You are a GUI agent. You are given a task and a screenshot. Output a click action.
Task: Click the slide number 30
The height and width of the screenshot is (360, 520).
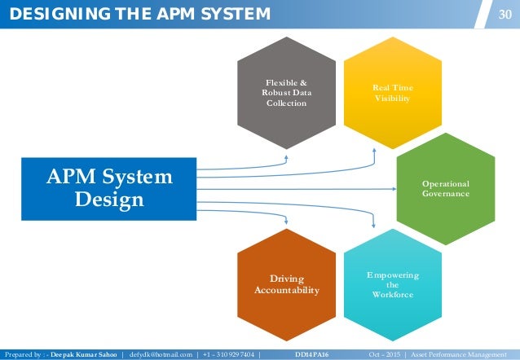[505, 12]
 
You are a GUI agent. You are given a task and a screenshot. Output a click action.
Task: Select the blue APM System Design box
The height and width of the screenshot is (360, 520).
[110, 187]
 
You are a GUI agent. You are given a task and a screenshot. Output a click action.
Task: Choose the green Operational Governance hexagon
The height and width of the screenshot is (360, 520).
[445, 189]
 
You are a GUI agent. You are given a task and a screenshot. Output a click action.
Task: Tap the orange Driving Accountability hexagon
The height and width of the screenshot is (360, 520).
[287, 285]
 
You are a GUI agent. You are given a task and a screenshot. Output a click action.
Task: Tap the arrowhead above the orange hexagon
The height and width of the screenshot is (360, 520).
[287, 219]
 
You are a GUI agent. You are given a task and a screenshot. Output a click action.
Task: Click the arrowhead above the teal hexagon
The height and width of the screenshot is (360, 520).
[373, 224]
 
